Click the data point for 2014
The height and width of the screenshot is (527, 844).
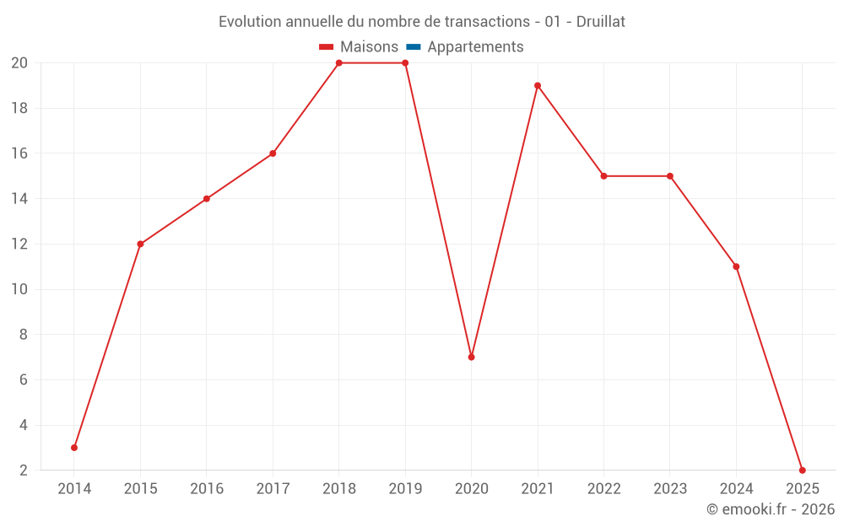74,448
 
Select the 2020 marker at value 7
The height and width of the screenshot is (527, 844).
471,357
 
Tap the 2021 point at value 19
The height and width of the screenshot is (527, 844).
538,85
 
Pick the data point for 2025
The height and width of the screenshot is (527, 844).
802,471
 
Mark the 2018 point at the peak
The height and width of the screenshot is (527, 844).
338,62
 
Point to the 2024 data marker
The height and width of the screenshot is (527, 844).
736,266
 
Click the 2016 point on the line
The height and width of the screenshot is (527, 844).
207,199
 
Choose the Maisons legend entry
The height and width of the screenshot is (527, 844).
368,47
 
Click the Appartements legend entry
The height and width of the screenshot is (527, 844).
475,47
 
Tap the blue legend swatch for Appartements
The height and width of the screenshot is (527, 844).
414,47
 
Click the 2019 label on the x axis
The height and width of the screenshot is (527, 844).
405,489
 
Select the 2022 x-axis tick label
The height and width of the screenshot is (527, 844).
603,489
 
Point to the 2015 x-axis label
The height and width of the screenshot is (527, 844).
140,489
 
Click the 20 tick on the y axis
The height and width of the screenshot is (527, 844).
19,62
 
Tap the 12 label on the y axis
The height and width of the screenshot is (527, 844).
19,244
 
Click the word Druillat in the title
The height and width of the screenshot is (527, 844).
600,22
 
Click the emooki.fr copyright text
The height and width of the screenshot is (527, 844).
771,509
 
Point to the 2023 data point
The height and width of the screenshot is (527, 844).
669,176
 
